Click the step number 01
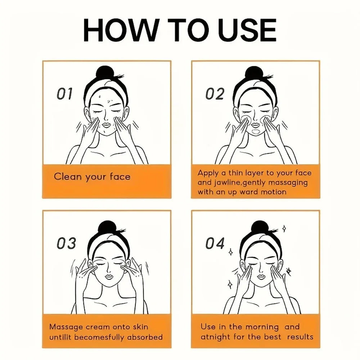point(65,94)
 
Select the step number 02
point(215,94)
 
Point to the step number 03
point(66,244)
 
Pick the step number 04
point(215,244)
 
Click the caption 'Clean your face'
point(92,177)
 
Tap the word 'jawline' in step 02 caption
point(224,183)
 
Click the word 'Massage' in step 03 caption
point(66,327)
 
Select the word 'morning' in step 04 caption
point(262,327)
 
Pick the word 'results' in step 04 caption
point(300,337)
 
